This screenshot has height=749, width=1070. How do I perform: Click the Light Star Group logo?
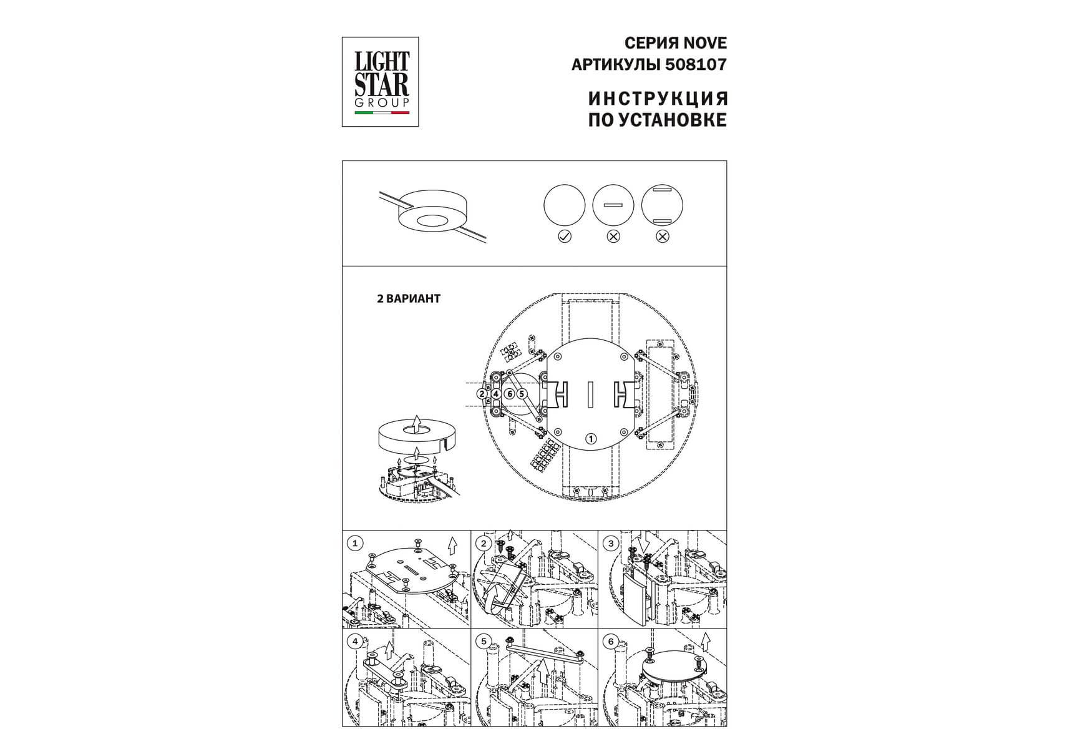coord(380,82)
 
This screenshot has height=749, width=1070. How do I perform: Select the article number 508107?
coord(696,64)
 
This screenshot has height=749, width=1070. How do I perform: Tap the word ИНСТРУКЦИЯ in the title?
coord(658,99)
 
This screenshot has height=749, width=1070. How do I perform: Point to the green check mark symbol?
coord(565,237)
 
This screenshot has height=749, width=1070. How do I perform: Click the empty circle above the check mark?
coord(565,205)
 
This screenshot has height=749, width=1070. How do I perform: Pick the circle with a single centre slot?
coord(613,205)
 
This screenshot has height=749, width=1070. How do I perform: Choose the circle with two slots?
coord(663,205)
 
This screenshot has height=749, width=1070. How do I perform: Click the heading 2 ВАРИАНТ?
coord(409,298)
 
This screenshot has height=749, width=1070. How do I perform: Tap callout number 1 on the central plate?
coord(590,439)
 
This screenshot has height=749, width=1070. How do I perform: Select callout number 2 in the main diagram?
coord(482,394)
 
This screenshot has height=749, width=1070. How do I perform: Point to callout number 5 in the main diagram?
coord(522,394)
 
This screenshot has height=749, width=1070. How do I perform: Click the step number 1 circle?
coord(355,543)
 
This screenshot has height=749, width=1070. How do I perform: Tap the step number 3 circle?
coord(611,543)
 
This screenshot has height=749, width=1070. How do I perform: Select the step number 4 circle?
coord(355,641)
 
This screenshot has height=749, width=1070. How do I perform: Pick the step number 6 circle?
coord(611,641)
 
